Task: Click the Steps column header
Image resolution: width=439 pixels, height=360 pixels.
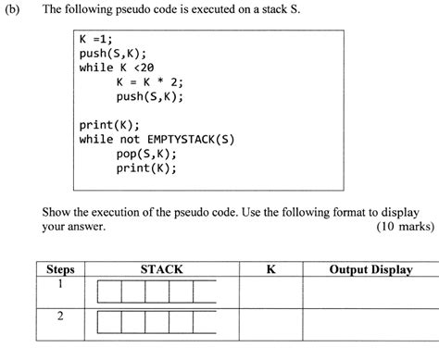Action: tap(59, 269)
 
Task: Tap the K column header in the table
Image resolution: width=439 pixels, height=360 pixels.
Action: tap(270, 269)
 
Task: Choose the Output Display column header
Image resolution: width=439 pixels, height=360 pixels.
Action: tap(370, 269)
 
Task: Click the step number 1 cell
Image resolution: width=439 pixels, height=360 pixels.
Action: tap(59, 286)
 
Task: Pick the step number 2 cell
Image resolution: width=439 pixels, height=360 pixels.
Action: tap(59, 316)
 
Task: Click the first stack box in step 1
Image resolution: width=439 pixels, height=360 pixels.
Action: tap(108, 292)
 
